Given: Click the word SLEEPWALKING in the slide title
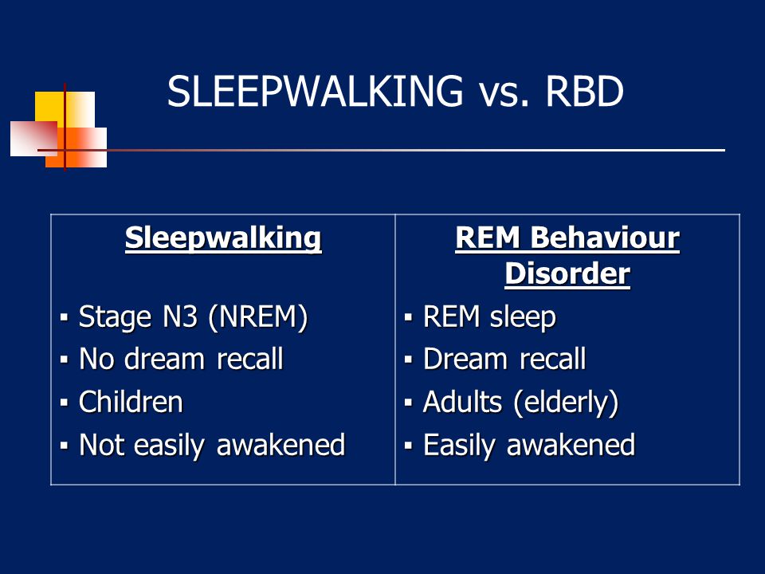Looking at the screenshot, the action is coord(316,91).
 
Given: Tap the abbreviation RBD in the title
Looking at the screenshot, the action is coord(584,91).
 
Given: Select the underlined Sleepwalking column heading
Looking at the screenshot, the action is coord(223,239).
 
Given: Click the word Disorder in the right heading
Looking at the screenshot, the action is coord(567,273).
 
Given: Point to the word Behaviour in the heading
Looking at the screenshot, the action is coord(605,238).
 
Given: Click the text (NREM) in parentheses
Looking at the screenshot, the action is coord(257,317).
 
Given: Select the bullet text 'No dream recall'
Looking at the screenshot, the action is coord(181,360).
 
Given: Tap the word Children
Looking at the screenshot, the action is coord(131,402).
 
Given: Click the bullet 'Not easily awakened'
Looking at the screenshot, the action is coord(212,445).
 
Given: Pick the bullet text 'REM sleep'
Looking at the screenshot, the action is coord(489,316).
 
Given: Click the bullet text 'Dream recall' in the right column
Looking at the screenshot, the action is coord(504,360).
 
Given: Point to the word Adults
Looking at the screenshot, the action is coord(462,402).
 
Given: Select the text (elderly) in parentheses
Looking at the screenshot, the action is coord(566,403).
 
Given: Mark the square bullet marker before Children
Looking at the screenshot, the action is coord(64,403).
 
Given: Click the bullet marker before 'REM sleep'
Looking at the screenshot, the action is coord(408,318).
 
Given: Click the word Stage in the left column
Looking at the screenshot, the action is coord(115,318).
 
